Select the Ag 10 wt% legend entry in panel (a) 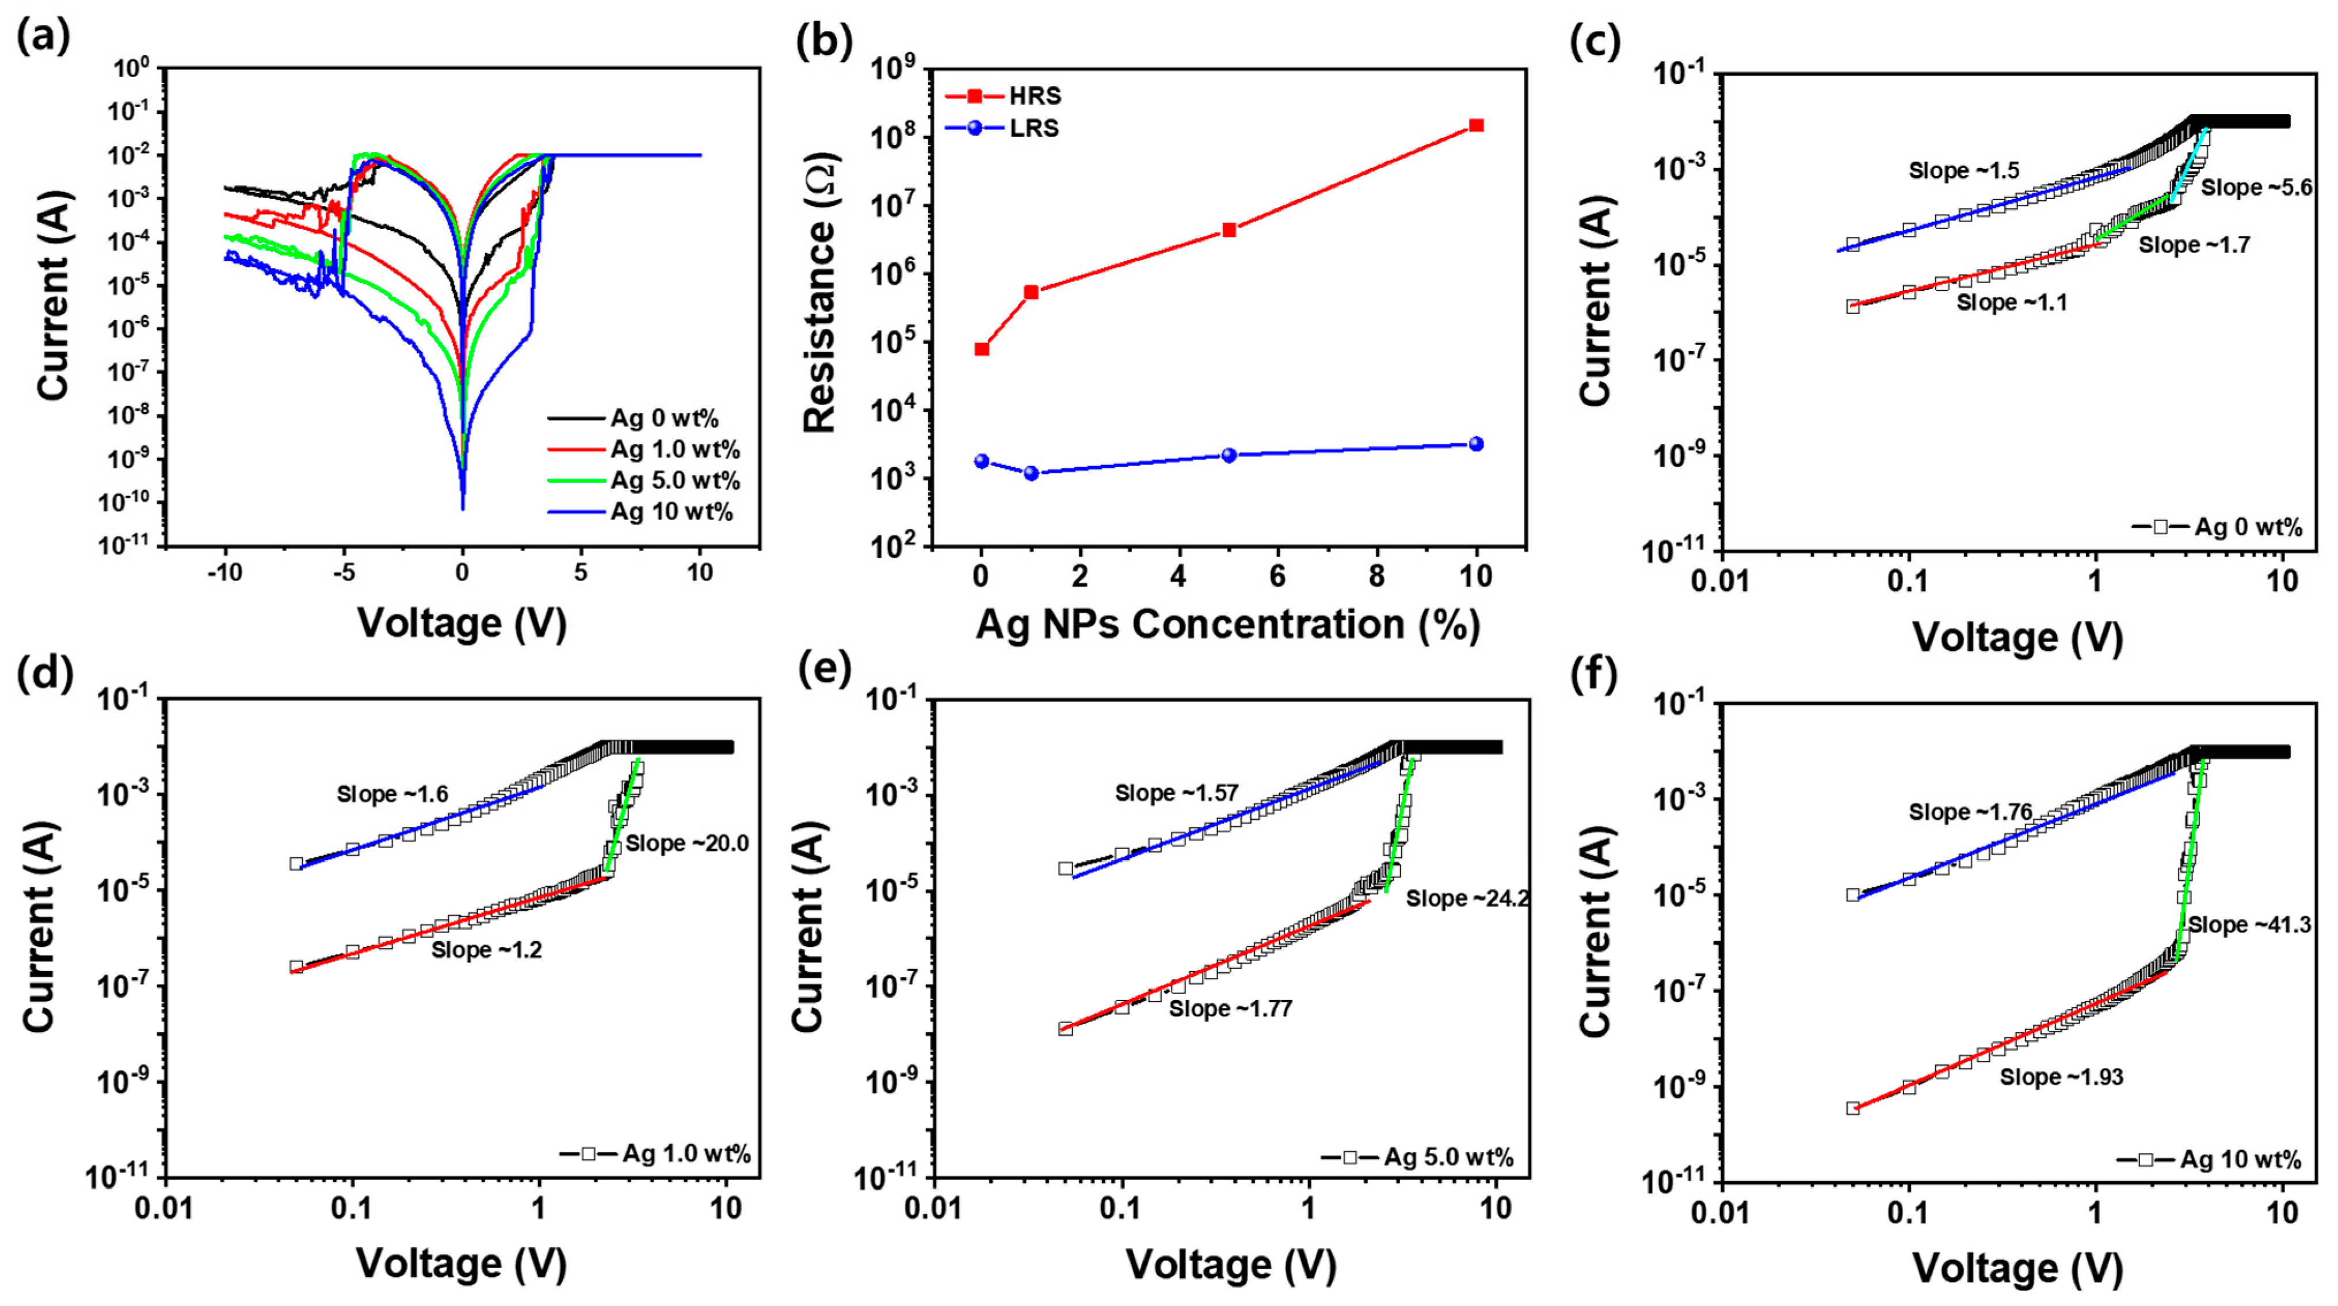point(671,512)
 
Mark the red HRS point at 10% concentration point(1476,126)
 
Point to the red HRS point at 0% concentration point(981,349)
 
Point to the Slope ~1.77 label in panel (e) point(1230,1009)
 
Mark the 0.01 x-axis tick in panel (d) point(165,1210)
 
